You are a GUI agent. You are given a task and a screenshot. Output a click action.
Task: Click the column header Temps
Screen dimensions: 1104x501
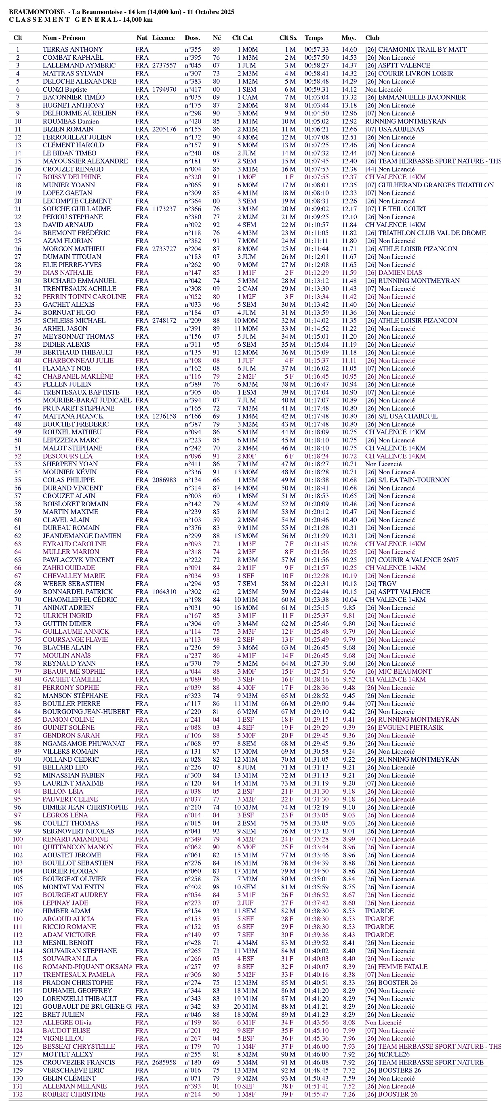click(x=314, y=38)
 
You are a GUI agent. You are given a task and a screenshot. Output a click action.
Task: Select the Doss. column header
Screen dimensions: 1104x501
click(x=192, y=38)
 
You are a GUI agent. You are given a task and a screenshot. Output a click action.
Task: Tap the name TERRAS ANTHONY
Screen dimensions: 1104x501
click(x=72, y=49)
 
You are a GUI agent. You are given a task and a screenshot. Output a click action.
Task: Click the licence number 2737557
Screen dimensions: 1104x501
click(x=164, y=65)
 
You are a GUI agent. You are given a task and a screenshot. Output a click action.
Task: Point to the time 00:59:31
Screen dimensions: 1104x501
click(x=316, y=89)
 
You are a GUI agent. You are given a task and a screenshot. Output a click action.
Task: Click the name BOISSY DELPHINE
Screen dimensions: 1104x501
click(x=72, y=177)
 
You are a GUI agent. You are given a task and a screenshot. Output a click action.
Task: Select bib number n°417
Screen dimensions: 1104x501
click(x=193, y=89)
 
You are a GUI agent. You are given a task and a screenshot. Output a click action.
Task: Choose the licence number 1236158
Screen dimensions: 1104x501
click(x=164, y=416)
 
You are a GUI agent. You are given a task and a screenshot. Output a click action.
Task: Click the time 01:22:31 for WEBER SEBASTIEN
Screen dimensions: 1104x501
click(x=316, y=584)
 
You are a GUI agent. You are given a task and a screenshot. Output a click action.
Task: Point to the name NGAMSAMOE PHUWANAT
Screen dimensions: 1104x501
click(x=84, y=744)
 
